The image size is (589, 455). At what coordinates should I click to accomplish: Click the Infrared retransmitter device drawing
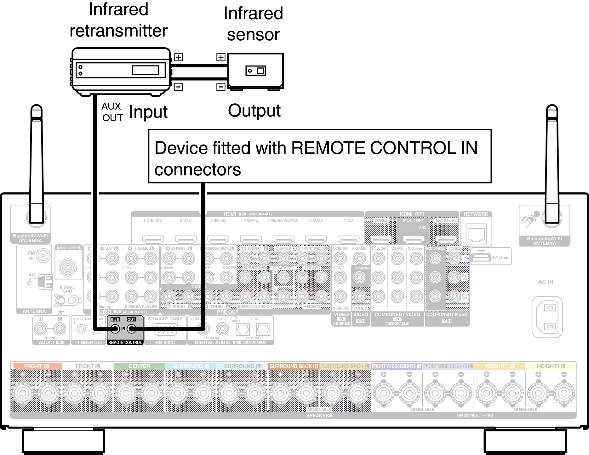(120, 71)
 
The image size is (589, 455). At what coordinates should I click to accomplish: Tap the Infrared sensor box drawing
(255, 71)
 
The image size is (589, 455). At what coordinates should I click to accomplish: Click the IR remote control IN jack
(115, 329)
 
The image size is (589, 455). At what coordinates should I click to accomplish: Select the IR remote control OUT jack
(131, 329)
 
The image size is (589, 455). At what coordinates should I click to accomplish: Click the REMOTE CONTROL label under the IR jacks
(125, 342)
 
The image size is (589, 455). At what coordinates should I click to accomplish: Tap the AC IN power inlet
(549, 317)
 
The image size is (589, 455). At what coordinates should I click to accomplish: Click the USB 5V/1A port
(480, 257)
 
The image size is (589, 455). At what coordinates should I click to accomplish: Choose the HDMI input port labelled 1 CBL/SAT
(153, 239)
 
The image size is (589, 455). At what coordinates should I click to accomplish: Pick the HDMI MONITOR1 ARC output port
(413, 240)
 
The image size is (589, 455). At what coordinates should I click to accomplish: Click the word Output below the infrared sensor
(254, 111)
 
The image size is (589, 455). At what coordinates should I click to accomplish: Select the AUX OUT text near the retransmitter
(112, 112)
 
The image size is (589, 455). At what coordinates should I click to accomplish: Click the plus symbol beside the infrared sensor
(221, 57)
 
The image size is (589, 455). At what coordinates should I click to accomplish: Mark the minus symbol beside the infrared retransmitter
(178, 87)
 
